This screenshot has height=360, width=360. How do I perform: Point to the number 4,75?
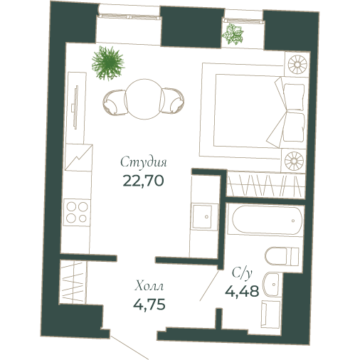149,306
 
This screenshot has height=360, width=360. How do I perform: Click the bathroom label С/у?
243,272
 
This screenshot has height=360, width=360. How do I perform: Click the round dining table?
142,95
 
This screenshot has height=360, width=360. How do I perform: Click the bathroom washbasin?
272,286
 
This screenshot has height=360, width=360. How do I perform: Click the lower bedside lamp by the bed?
295,159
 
